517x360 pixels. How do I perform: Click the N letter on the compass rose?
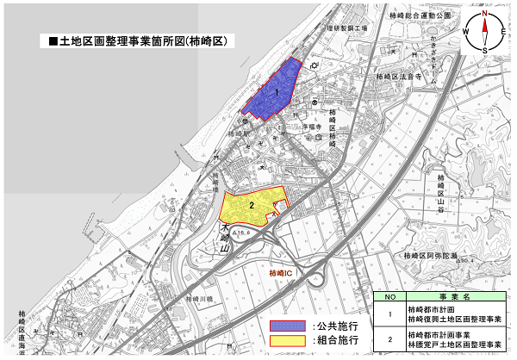(485, 14)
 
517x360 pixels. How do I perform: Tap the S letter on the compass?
(485, 51)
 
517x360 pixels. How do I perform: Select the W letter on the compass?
(466, 32)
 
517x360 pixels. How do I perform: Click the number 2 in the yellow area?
(250, 205)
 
